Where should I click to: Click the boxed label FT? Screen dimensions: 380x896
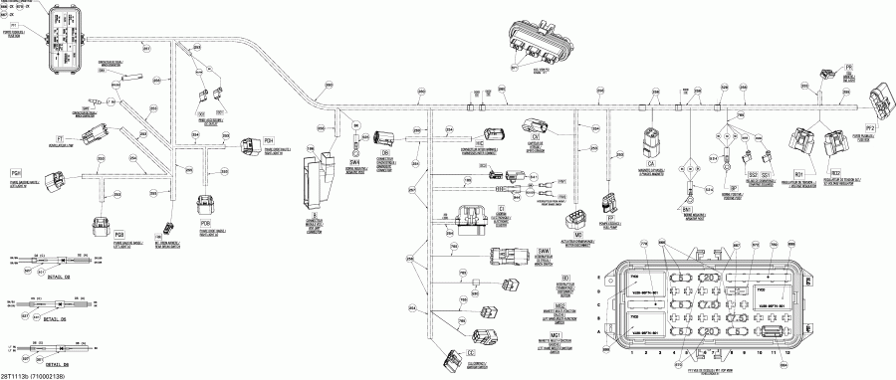pyautogui.click(x=59, y=138)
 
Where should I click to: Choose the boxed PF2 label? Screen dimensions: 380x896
pyautogui.click(x=869, y=128)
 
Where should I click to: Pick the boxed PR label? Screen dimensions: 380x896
pyautogui.click(x=849, y=67)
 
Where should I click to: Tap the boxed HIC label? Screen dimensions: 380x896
pyautogui.click(x=478, y=143)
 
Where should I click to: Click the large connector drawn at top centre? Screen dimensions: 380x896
pyautogui.click(x=538, y=42)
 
